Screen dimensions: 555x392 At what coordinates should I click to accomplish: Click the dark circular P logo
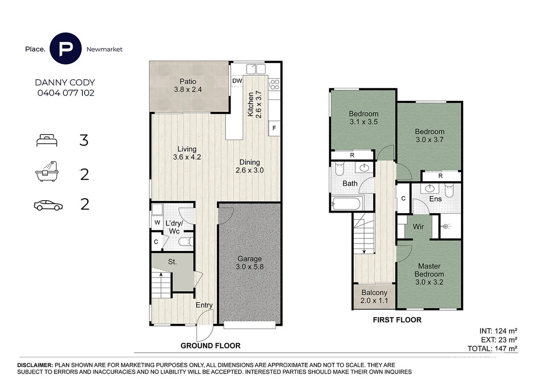[65, 49]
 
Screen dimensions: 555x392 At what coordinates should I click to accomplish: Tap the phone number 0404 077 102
[66, 93]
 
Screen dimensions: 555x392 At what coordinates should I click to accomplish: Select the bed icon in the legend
[47, 140]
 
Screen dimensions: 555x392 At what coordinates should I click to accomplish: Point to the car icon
[48, 205]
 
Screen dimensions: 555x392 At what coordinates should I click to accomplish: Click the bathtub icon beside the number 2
[47, 171]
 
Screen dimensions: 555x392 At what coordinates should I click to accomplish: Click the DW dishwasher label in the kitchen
[237, 81]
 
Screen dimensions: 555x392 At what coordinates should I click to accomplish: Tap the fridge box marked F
[274, 128]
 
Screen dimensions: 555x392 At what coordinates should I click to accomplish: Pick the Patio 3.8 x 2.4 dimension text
[188, 89]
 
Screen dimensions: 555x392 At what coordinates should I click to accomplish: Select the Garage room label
[249, 258]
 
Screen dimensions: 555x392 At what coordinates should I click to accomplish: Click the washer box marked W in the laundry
[157, 222]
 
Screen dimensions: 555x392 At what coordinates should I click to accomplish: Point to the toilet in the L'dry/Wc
[186, 241]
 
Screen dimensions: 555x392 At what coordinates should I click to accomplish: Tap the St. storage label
[172, 262]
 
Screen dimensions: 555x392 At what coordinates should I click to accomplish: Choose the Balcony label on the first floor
[374, 293]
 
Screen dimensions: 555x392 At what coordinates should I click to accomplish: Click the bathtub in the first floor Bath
[346, 203]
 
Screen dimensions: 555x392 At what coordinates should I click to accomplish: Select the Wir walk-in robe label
[418, 227]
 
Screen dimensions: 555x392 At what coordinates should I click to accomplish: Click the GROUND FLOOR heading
[210, 346]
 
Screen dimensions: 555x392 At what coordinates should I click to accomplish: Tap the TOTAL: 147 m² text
[492, 349]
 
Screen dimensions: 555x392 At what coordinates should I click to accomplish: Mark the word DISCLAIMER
[35, 365]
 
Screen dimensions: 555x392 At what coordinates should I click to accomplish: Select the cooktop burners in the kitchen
[275, 84]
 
